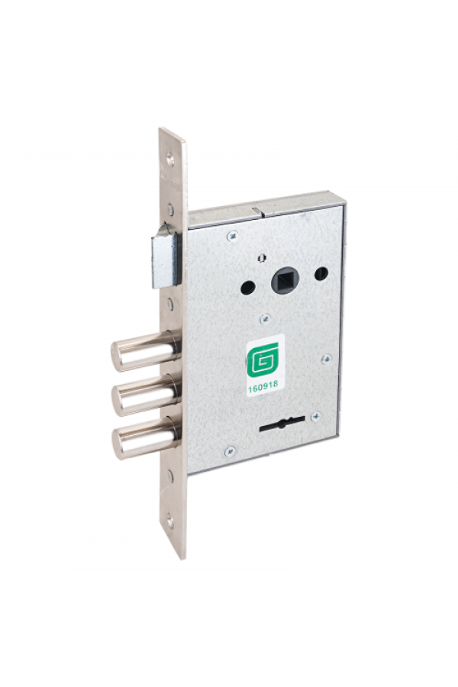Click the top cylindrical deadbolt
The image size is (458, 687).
(x=144, y=351)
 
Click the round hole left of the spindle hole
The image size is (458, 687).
(x=248, y=287)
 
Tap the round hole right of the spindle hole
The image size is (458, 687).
(x=321, y=273)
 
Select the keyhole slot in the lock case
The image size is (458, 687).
(x=282, y=424)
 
